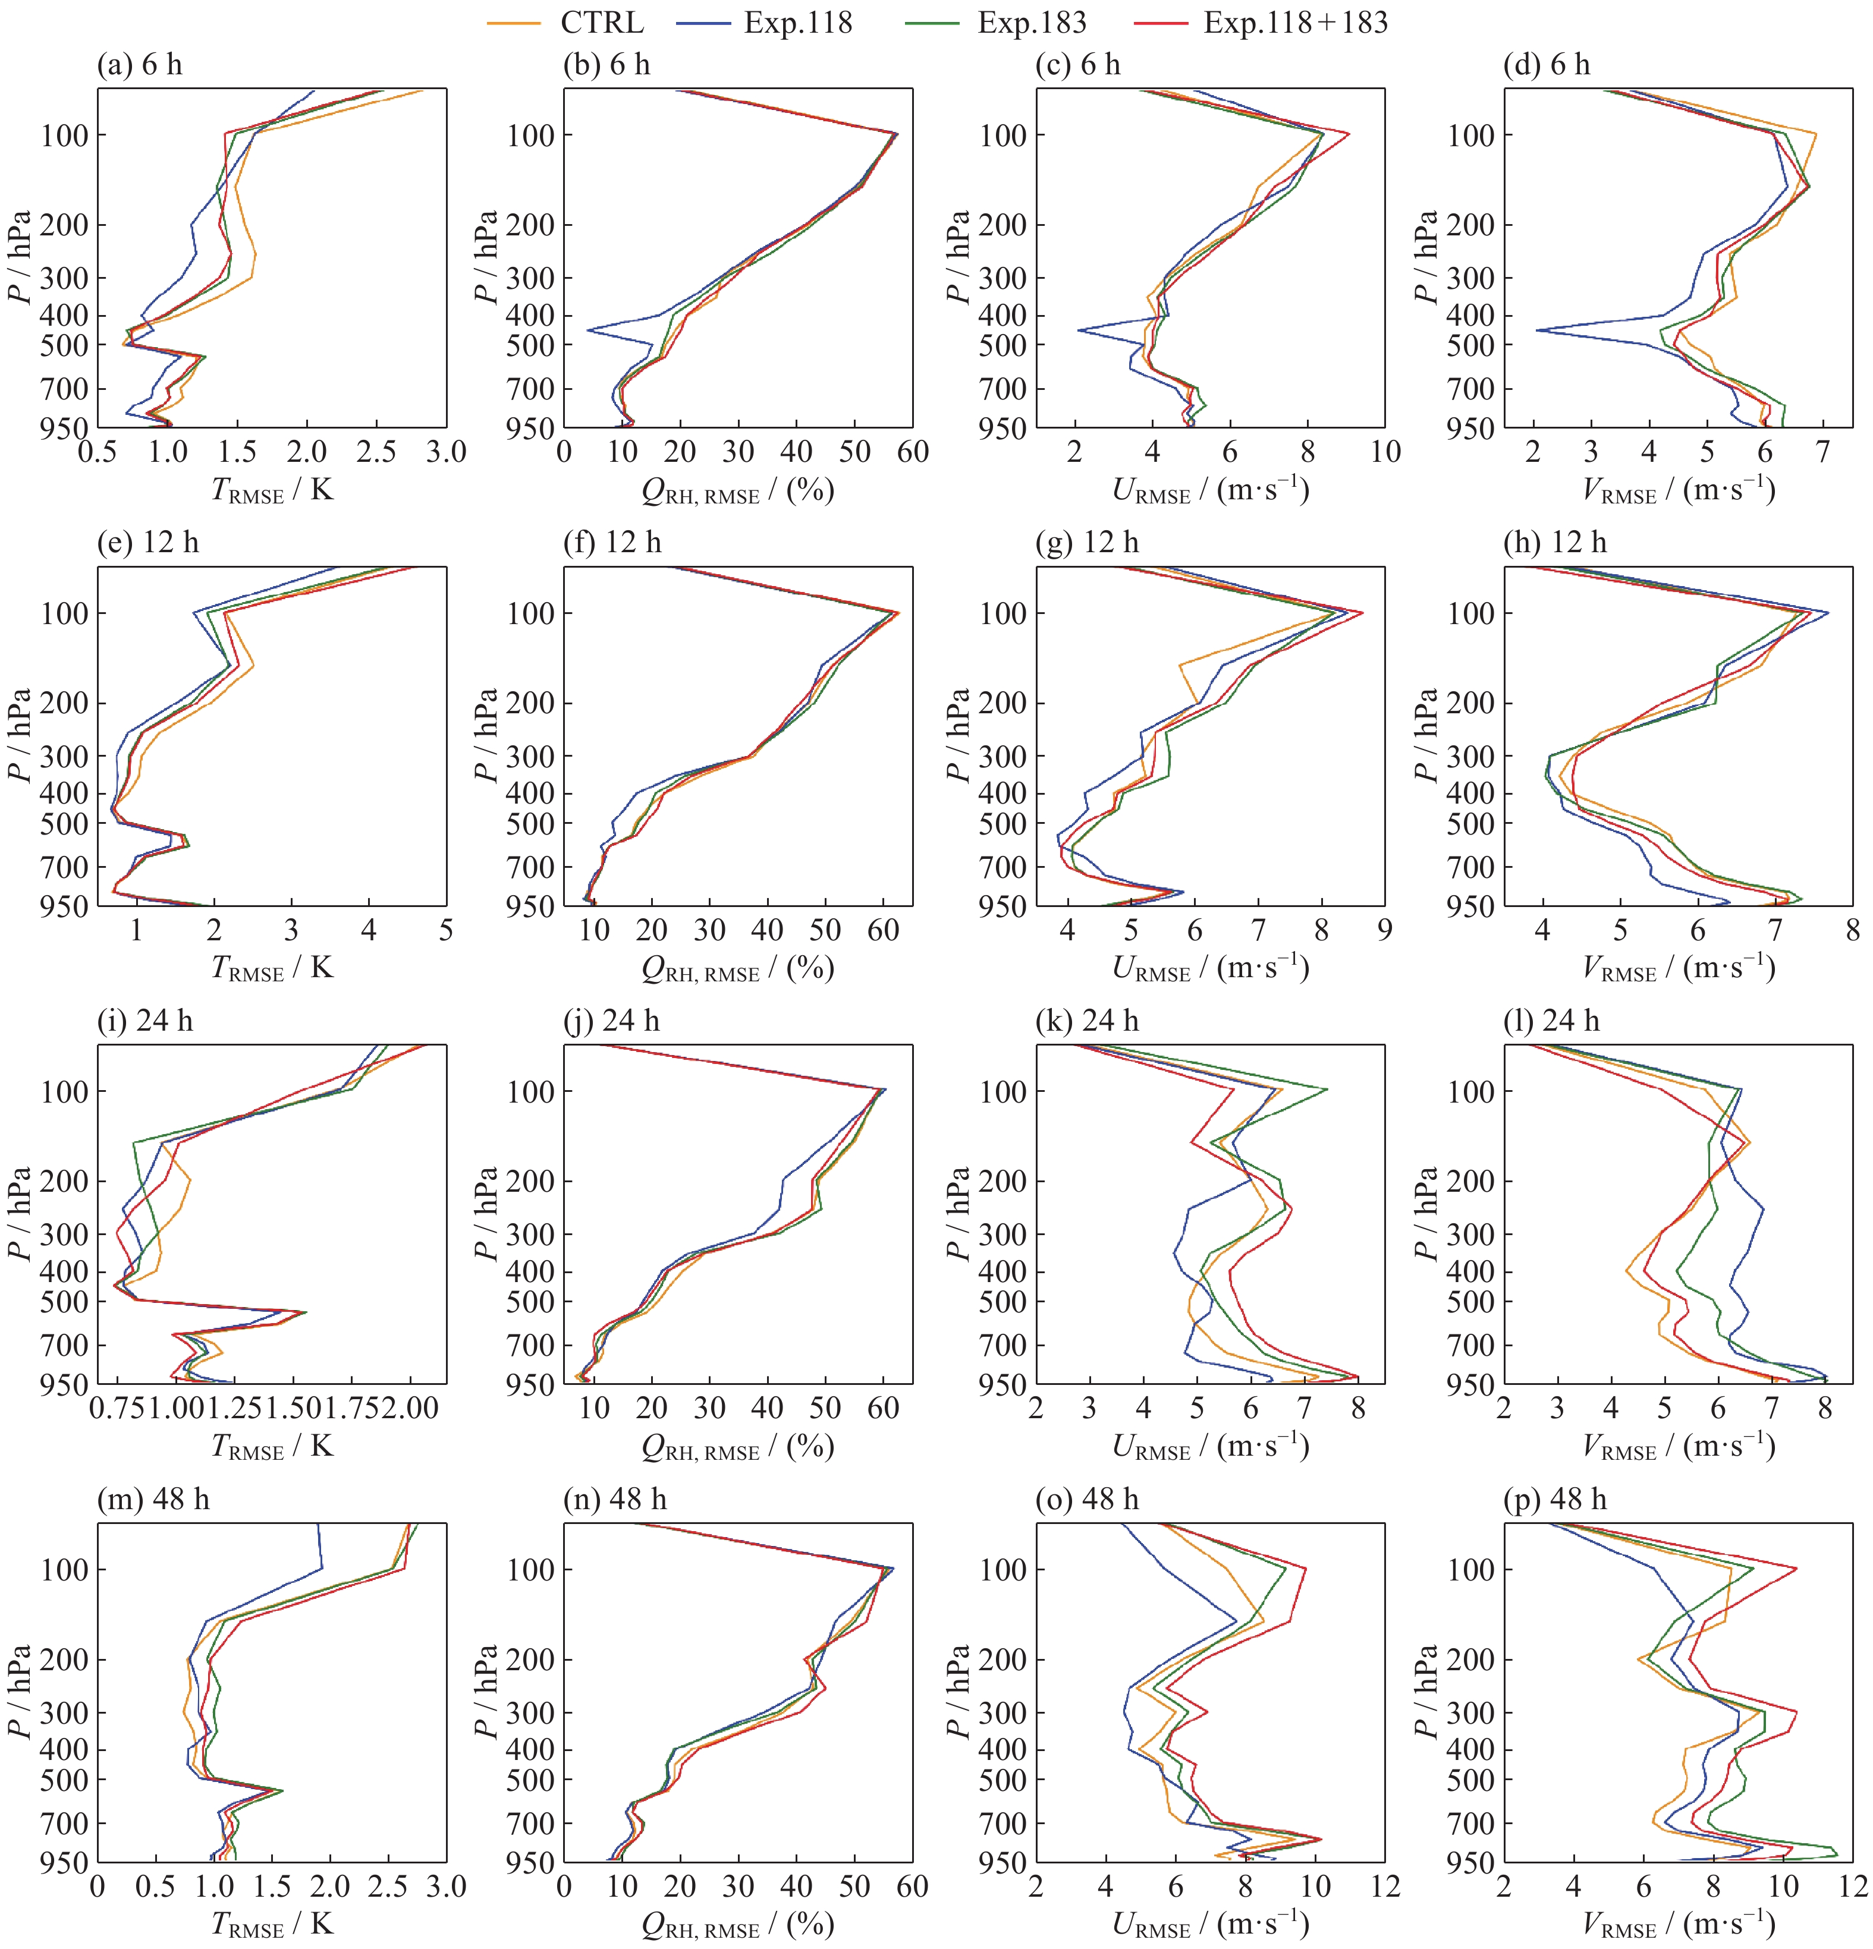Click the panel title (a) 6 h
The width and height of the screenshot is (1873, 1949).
139,65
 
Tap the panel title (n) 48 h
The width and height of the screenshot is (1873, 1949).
615,1500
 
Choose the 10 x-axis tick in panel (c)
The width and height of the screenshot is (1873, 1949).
1385,452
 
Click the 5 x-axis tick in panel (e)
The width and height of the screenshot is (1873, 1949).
445,931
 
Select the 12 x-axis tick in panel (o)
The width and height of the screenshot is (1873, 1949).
1385,1887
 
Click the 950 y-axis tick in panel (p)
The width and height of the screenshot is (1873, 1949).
1470,1862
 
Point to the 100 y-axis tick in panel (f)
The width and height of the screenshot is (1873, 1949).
532,613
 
